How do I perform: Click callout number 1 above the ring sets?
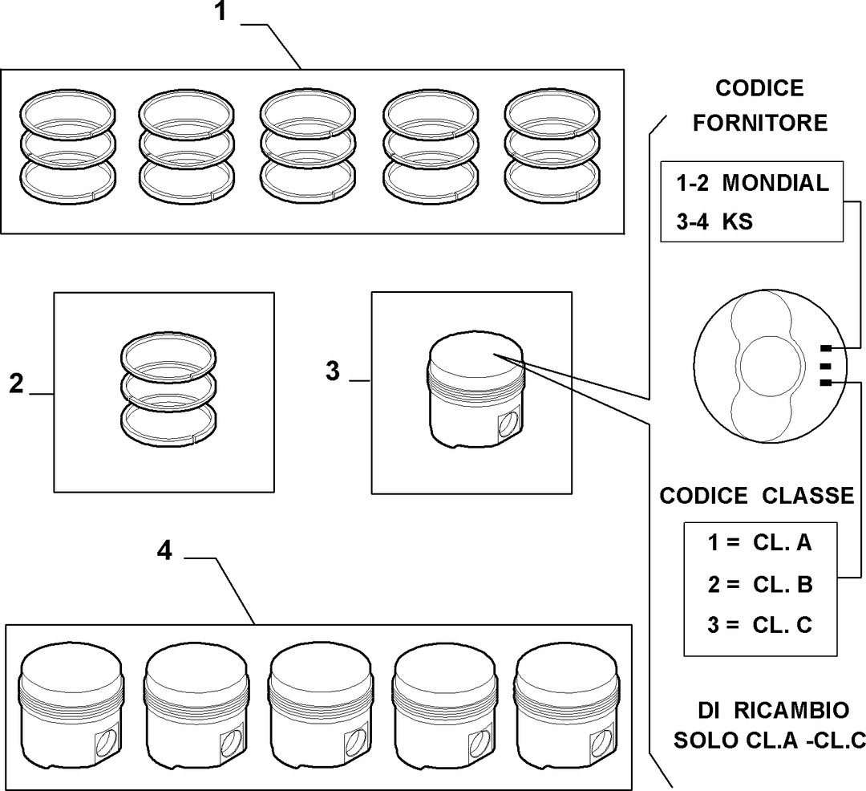221,11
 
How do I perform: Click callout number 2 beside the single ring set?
17,383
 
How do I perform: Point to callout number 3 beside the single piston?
333,371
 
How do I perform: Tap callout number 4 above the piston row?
164,550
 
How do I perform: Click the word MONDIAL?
775,183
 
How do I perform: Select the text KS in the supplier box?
738,221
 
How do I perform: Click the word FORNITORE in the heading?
760,123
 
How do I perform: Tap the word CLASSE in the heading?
808,496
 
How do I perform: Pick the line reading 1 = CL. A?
760,542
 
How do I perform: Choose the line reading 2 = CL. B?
760,584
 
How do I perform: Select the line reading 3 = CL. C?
760,625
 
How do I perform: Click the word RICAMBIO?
791,710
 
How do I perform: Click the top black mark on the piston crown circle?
826,348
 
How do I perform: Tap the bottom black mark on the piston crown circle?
826,383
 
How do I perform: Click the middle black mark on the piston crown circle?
826,366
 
